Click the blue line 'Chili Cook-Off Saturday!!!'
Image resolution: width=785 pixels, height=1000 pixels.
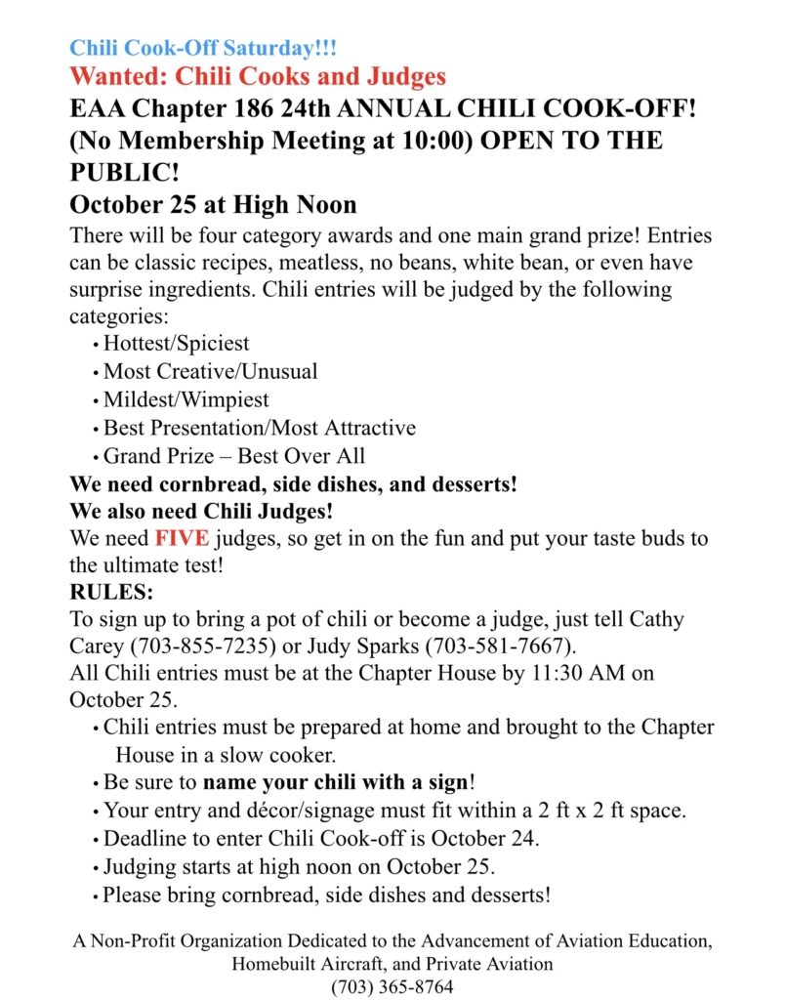pos(202,48)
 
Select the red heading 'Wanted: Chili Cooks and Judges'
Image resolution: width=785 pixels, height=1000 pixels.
pos(258,76)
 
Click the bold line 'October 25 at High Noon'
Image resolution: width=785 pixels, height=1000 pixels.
pos(213,205)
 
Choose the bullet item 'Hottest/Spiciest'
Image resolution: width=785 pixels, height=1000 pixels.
pos(176,343)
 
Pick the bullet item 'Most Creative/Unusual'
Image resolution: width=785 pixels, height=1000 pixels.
pos(210,371)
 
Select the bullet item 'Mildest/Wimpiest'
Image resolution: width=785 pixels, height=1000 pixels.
pos(186,399)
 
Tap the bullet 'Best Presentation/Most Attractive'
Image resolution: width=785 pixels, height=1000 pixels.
pos(259,428)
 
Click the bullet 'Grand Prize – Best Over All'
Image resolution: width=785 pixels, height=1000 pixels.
pos(233,456)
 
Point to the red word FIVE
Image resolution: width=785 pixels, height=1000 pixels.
pos(182,539)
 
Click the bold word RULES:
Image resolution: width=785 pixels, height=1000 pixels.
pos(111,593)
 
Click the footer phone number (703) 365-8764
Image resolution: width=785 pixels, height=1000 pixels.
pos(392,986)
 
